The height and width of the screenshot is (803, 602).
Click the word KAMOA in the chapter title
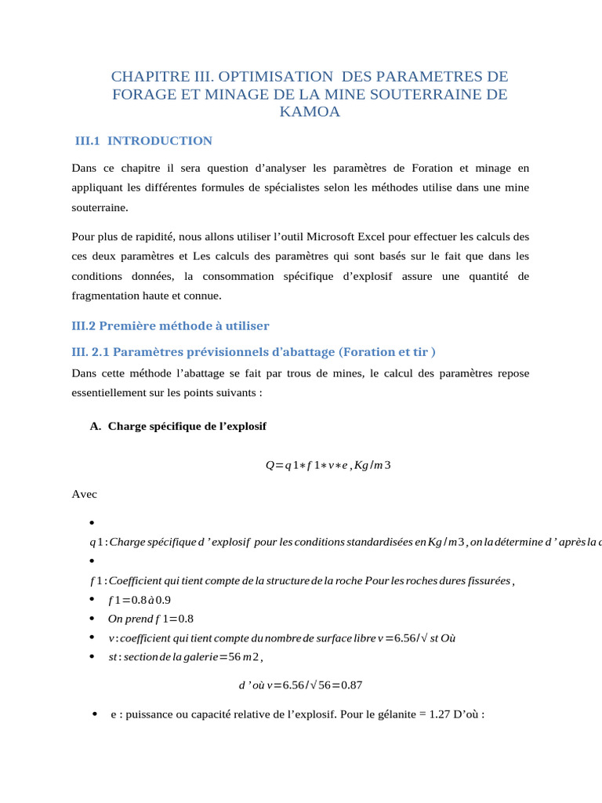coord(310,112)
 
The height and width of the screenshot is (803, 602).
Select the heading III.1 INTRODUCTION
coord(143,141)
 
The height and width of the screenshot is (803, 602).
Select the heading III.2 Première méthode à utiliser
coord(170,325)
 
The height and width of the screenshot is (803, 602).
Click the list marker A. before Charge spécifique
coord(96,427)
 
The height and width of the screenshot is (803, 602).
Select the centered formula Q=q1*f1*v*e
coord(328,466)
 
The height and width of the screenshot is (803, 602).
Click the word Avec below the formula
coord(85,495)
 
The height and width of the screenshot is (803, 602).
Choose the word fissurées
coord(485,580)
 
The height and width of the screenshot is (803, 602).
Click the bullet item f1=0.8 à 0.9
coord(140,600)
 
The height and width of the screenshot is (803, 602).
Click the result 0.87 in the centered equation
coord(350,685)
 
